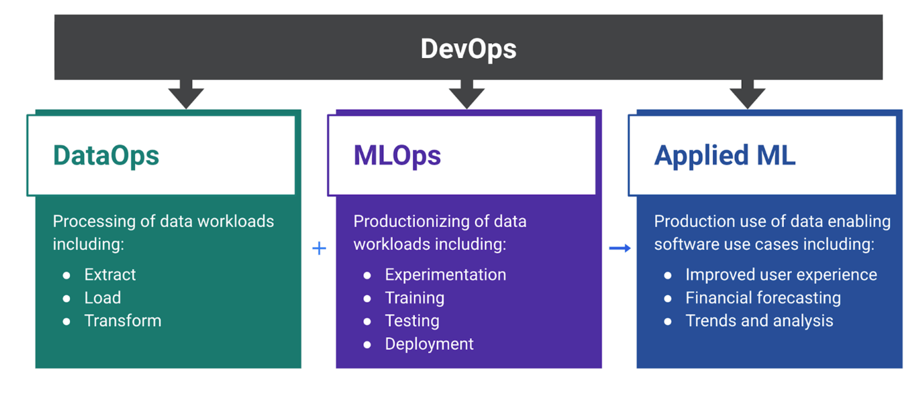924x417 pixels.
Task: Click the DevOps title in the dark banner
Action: [468, 49]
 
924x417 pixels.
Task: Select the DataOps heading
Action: [106, 156]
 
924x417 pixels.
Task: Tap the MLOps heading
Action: [397, 156]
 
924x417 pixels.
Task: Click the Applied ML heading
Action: [724, 156]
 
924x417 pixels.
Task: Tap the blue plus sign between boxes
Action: [319, 248]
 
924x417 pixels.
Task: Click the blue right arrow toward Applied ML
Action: [620, 248]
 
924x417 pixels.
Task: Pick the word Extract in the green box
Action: [110, 275]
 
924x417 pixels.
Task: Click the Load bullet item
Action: [103, 297]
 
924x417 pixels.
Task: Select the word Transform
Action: [123, 321]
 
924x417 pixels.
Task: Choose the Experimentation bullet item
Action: [445, 275]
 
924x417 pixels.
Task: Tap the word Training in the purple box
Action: [414, 297]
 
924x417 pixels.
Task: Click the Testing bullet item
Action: [412, 321]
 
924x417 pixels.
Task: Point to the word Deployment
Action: [429, 344]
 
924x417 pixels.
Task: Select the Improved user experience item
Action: [781, 275]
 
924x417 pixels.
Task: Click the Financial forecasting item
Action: [763, 297]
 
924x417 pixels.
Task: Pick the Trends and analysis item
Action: [759, 321]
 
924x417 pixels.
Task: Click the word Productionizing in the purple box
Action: [407, 222]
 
